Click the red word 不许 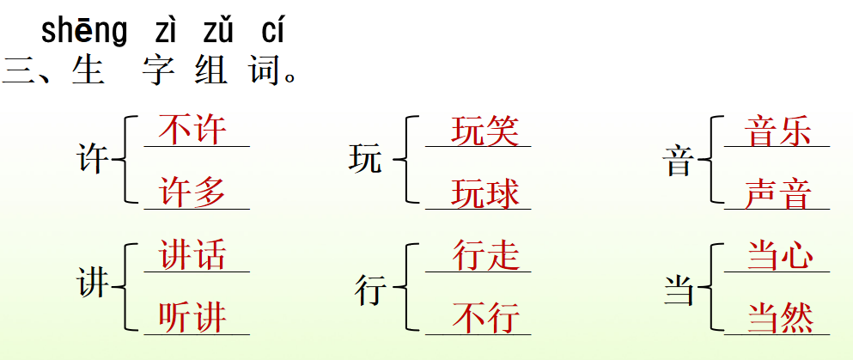pyautogui.click(x=192, y=131)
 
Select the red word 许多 pyautogui.click(x=192, y=192)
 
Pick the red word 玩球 pyautogui.click(x=485, y=193)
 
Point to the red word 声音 pyautogui.click(x=778, y=193)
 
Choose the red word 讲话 pyautogui.click(x=192, y=255)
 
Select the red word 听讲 pyautogui.click(x=192, y=318)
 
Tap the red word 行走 pyautogui.click(x=485, y=255)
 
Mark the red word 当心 pyautogui.click(x=778, y=256)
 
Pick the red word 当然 pyautogui.click(x=778, y=318)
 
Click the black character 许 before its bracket pyautogui.click(x=93, y=160)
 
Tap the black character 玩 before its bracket pyautogui.click(x=365, y=160)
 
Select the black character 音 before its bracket pyautogui.click(x=679, y=161)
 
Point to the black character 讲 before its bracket pyautogui.click(x=93, y=284)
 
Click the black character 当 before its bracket pyautogui.click(x=679, y=290)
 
